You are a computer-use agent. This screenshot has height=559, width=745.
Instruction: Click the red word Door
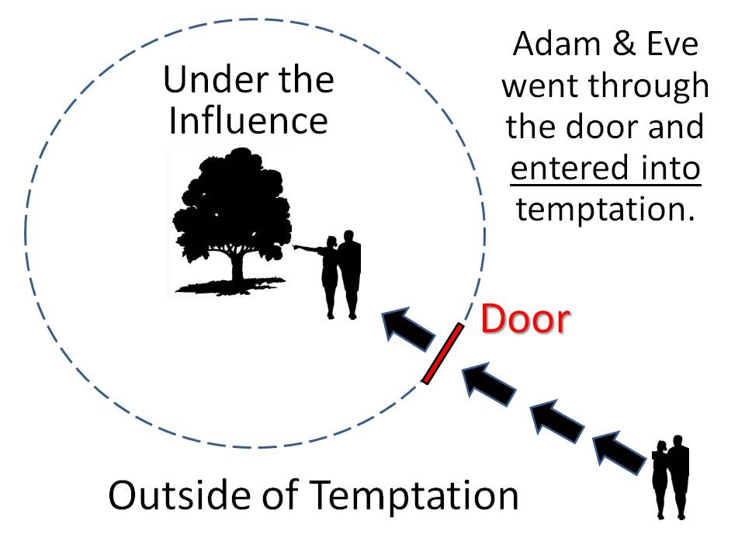pos(525,319)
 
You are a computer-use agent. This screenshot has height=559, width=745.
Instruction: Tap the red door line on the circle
pos(443,353)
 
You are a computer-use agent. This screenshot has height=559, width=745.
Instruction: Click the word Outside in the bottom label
pos(169,495)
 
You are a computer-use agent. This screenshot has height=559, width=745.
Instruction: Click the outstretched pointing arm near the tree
pos(310,249)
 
